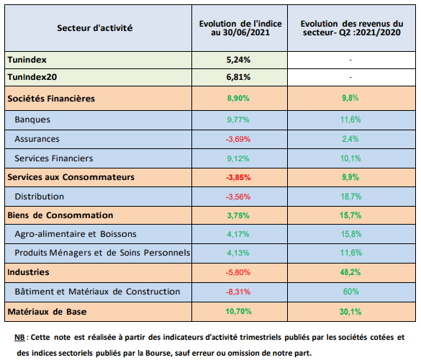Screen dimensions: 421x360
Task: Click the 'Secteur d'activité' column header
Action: pos(95,28)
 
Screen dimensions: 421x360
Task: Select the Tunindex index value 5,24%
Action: pos(238,60)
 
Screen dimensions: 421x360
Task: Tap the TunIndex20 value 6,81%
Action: pos(238,77)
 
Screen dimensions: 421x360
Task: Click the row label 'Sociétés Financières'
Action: pos(51,99)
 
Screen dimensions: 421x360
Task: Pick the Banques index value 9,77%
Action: pos(238,120)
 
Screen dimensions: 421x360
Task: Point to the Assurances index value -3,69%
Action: pos(238,139)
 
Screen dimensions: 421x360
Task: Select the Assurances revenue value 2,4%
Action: pos(350,139)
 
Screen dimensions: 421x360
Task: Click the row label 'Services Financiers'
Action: pos(54,158)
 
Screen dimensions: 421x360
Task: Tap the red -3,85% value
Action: pos(238,177)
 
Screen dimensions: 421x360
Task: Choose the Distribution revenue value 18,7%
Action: pos(351,197)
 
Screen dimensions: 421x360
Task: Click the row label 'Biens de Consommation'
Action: pos(60,215)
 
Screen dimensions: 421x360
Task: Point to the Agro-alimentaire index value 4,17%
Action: pos(238,234)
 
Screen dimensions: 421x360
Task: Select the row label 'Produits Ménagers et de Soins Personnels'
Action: pos(102,253)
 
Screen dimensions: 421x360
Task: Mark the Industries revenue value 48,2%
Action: pos(350,272)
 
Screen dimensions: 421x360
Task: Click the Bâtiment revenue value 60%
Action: pos(351,292)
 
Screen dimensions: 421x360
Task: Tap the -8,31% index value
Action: pos(238,292)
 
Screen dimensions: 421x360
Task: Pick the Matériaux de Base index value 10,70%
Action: pos(238,311)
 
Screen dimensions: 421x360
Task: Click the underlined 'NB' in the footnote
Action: pos(19,337)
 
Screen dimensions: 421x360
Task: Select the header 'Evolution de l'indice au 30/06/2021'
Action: pos(240,28)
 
